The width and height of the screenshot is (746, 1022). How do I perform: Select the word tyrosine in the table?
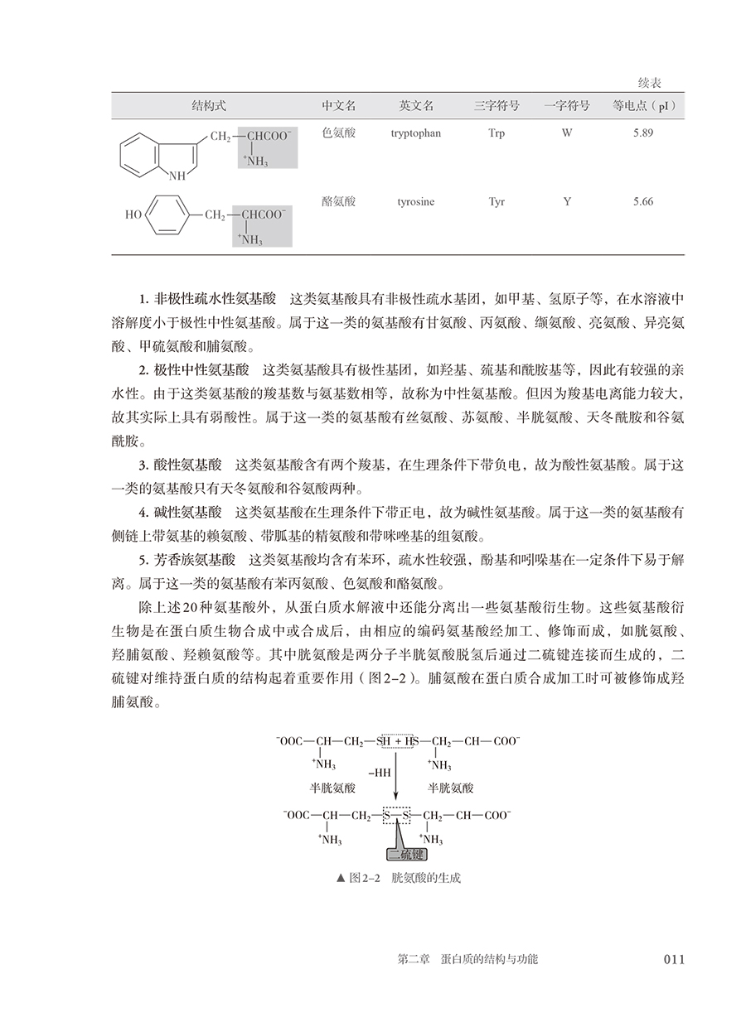coord(415,201)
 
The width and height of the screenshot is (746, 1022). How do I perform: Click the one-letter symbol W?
coord(567,133)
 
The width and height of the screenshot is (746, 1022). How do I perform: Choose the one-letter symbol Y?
coord(567,201)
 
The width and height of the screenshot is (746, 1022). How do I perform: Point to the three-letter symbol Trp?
coord(497,133)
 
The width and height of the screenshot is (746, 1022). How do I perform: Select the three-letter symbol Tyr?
coord(497,201)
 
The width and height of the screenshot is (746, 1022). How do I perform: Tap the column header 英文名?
coord(416,107)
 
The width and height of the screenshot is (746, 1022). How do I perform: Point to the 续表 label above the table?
coord(649,84)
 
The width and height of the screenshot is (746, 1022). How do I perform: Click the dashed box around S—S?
coord(395,816)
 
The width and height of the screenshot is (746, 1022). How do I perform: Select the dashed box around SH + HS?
coord(395,740)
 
